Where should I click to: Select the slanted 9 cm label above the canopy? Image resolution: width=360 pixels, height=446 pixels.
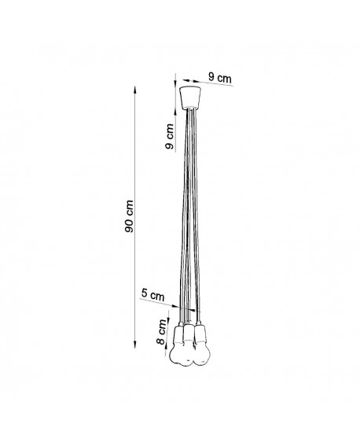219,77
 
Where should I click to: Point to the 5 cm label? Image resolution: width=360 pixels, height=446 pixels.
152,296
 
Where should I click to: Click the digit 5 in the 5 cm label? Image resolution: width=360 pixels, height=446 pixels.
145,295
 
